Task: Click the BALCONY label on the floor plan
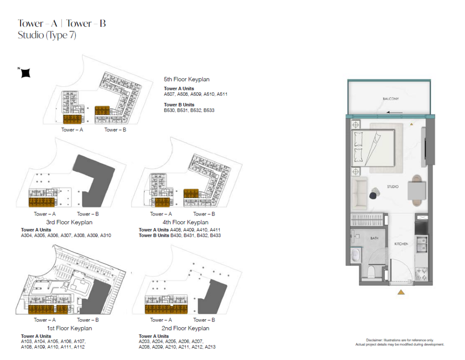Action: [391, 99]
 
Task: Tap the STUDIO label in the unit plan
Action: [393, 187]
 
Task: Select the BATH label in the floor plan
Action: [374, 238]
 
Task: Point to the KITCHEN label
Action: [401, 244]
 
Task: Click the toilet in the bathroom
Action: [371, 271]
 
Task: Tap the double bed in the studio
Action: [373, 148]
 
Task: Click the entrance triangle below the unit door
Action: [401, 292]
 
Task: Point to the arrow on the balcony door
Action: [394, 113]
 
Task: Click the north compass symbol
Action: [25, 73]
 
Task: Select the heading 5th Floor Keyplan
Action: [187, 79]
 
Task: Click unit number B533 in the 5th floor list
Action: [209, 110]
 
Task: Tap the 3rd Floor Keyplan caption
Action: [69, 222]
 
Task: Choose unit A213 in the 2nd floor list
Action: [210, 347]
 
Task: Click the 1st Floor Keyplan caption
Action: [69, 328]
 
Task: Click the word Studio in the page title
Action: [31, 35]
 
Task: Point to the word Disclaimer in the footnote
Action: [374, 340]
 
